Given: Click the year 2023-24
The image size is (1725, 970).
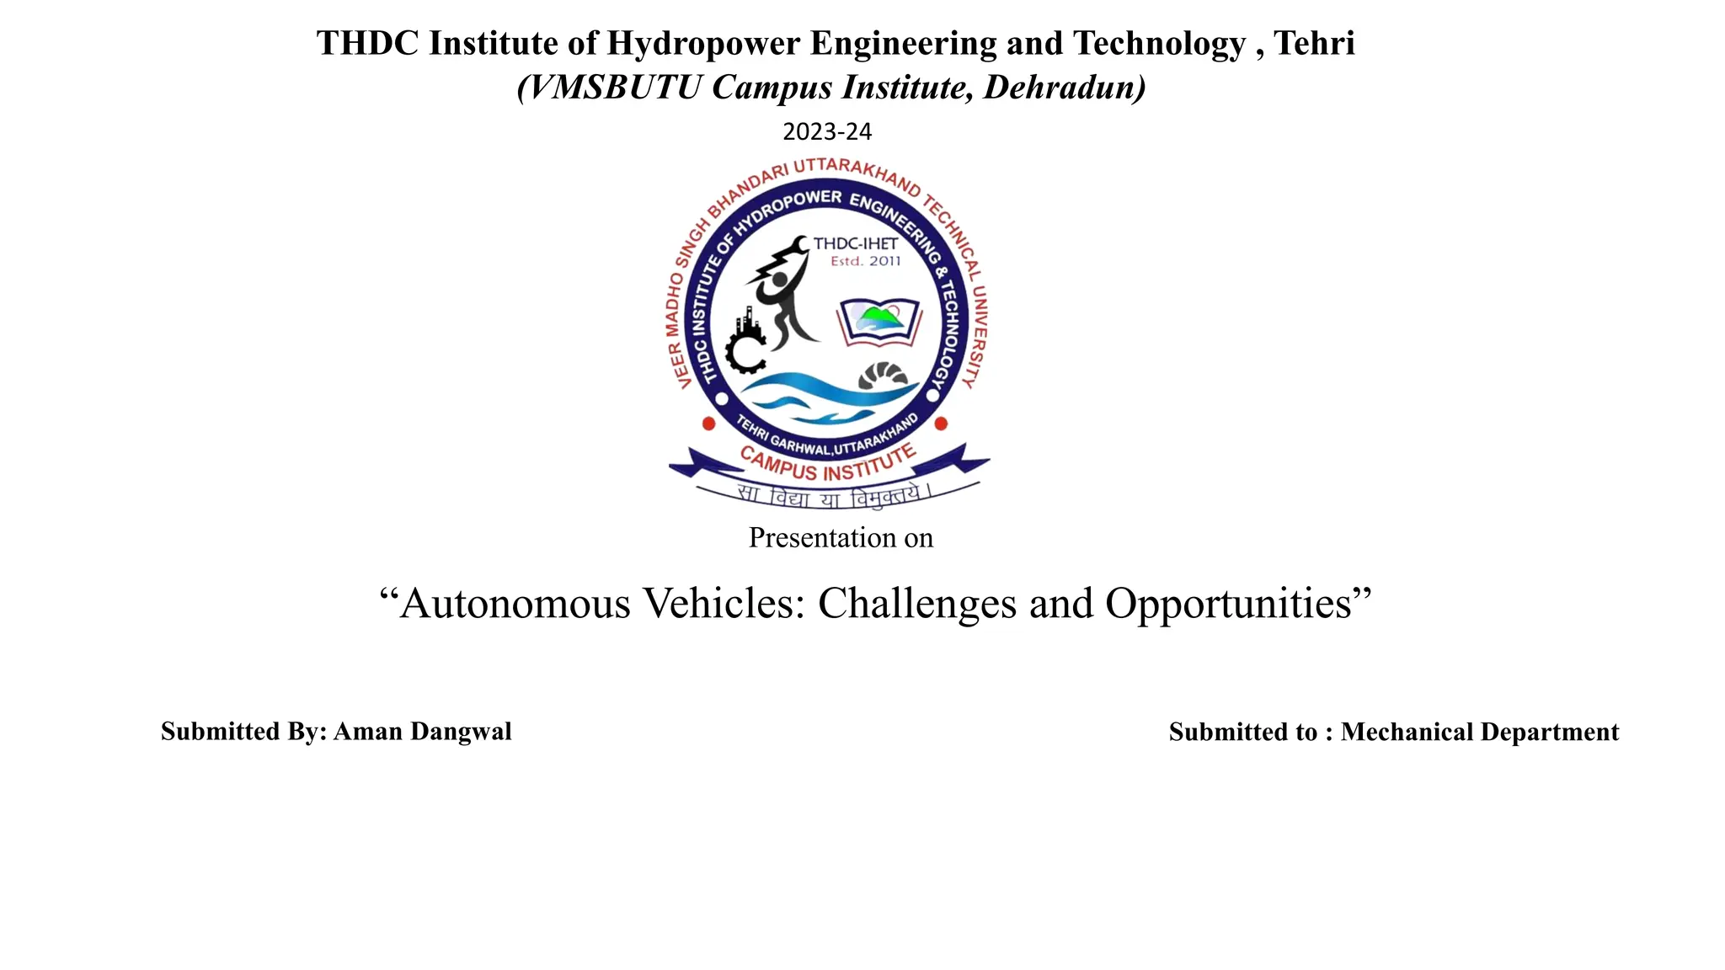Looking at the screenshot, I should (827, 132).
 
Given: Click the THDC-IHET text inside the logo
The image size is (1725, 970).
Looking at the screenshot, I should (855, 244).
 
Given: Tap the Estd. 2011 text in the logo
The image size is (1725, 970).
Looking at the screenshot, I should (865, 262).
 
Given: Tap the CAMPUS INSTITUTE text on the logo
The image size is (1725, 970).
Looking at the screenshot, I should (826, 464).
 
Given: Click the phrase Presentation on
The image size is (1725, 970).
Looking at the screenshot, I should (841, 538).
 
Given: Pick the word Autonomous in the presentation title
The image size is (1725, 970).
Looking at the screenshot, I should (515, 605).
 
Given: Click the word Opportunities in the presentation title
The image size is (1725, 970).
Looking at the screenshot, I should (1228, 605).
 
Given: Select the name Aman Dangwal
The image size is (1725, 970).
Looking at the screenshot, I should (422, 732).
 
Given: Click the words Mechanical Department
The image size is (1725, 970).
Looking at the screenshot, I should (1479, 733).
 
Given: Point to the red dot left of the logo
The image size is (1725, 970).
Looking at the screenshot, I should (708, 424).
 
